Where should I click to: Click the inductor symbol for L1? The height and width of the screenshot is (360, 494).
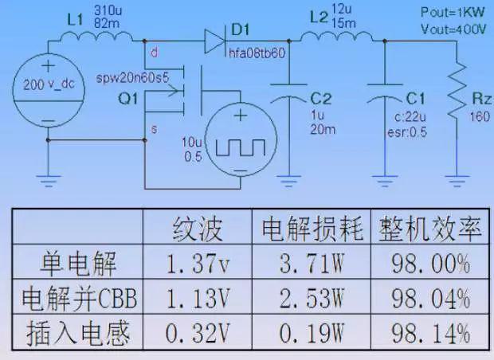[x=96, y=37]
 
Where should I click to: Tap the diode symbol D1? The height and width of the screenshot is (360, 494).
[x=215, y=41]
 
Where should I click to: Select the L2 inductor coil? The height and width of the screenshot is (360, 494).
[x=336, y=37]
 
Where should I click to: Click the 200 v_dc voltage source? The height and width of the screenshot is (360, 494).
[x=48, y=90]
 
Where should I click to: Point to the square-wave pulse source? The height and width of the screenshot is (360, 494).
[x=241, y=139]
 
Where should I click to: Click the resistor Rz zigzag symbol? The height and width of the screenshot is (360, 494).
[x=457, y=92]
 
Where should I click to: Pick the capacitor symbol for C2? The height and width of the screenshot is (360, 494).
[x=288, y=92]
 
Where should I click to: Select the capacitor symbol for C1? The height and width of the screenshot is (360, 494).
[x=385, y=92]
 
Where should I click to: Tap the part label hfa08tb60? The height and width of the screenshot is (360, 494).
[x=257, y=53]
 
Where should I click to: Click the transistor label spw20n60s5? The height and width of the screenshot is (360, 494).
[x=132, y=78]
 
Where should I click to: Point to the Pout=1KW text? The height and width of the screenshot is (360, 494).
[x=453, y=12]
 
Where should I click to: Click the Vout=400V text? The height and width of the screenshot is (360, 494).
[x=453, y=29]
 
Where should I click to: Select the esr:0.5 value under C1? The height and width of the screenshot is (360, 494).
[x=407, y=132]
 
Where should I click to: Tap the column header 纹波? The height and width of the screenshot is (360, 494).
[x=198, y=228]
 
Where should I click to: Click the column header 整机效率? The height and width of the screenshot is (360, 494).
[x=430, y=228]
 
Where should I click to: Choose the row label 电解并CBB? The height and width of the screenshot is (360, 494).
[x=80, y=298]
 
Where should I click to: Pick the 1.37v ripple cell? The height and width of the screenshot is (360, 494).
[x=198, y=264]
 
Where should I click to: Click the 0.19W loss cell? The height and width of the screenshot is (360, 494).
[x=312, y=333]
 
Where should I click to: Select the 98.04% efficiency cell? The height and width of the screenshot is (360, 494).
[x=430, y=298]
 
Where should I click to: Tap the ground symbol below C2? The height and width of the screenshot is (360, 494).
[x=288, y=181]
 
